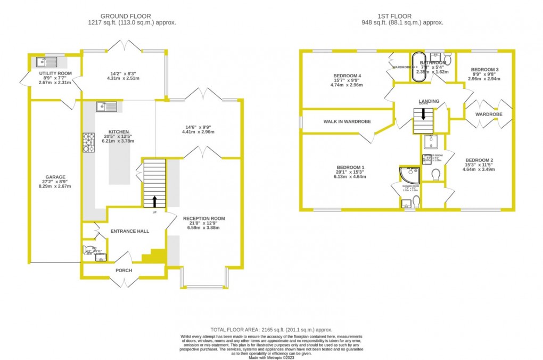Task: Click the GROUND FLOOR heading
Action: click(x=132, y=16)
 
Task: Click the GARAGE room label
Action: click(x=55, y=177)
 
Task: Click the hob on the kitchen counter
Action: click(x=88, y=143)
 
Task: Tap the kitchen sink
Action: click(x=105, y=107)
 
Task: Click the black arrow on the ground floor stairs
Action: click(x=155, y=201)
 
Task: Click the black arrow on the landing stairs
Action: click(x=424, y=113)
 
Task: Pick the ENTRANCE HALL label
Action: click(x=129, y=231)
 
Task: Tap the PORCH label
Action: click(x=124, y=270)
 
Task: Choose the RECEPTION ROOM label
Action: click(x=204, y=218)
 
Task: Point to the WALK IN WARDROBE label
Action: click(x=347, y=121)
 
